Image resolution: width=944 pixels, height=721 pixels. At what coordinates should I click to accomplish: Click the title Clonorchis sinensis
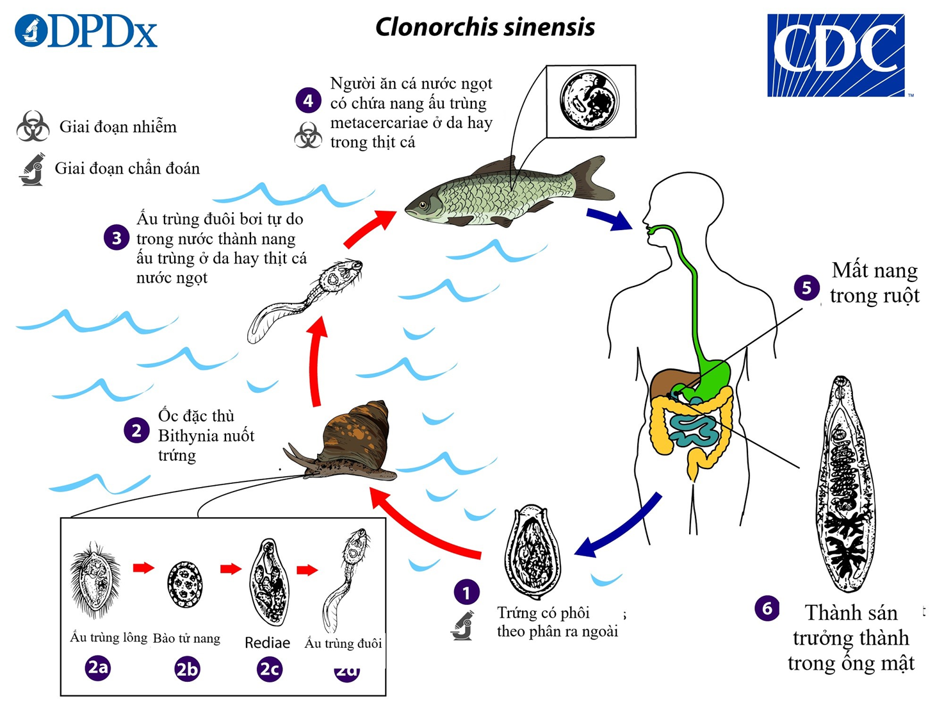(x=485, y=28)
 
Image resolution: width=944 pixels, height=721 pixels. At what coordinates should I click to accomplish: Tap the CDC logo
(x=836, y=55)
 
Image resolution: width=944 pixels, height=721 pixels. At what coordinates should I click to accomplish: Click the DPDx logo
(x=86, y=31)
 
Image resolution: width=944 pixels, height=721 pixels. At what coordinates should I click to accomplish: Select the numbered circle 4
(x=308, y=101)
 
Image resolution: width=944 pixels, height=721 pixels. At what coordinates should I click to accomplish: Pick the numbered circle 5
(x=806, y=288)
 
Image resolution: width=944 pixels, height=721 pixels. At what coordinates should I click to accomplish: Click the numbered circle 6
(x=767, y=608)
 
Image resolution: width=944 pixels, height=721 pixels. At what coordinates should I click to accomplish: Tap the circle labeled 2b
(x=187, y=669)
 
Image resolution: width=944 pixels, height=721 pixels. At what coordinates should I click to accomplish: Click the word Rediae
(x=268, y=643)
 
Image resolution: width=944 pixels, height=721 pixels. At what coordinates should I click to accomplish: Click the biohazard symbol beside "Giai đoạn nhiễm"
(x=33, y=126)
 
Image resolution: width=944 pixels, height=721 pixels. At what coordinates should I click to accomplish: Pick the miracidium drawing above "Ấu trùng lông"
(x=95, y=579)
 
